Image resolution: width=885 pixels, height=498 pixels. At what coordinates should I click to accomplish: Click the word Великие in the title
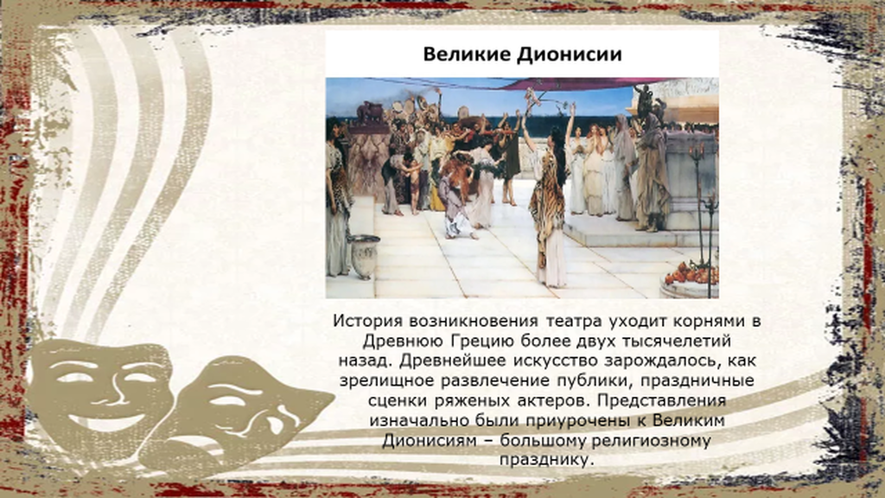pyautogui.click(x=467, y=54)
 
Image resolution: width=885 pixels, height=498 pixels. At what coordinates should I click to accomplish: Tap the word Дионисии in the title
pyautogui.click(x=570, y=54)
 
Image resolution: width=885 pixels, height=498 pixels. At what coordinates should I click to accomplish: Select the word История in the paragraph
pyautogui.click(x=367, y=322)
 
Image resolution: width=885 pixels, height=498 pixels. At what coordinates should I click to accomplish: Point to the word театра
pyautogui.click(x=574, y=322)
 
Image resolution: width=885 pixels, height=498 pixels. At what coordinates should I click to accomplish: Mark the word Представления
pyautogui.click(x=661, y=401)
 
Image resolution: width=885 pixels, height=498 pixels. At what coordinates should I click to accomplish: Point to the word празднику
pyautogui.click(x=547, y=460)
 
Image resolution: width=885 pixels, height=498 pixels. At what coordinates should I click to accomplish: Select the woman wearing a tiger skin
pyautogui.click(x=546, y=209)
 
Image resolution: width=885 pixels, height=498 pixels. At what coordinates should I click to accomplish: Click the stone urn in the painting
pyautogui.click(x=364, y=256)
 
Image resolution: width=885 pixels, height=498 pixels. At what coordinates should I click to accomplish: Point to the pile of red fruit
pyautogui.click(x=692, y=274)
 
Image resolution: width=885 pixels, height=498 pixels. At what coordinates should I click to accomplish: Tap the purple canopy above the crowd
pyautogui.click(x=570, y=84)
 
